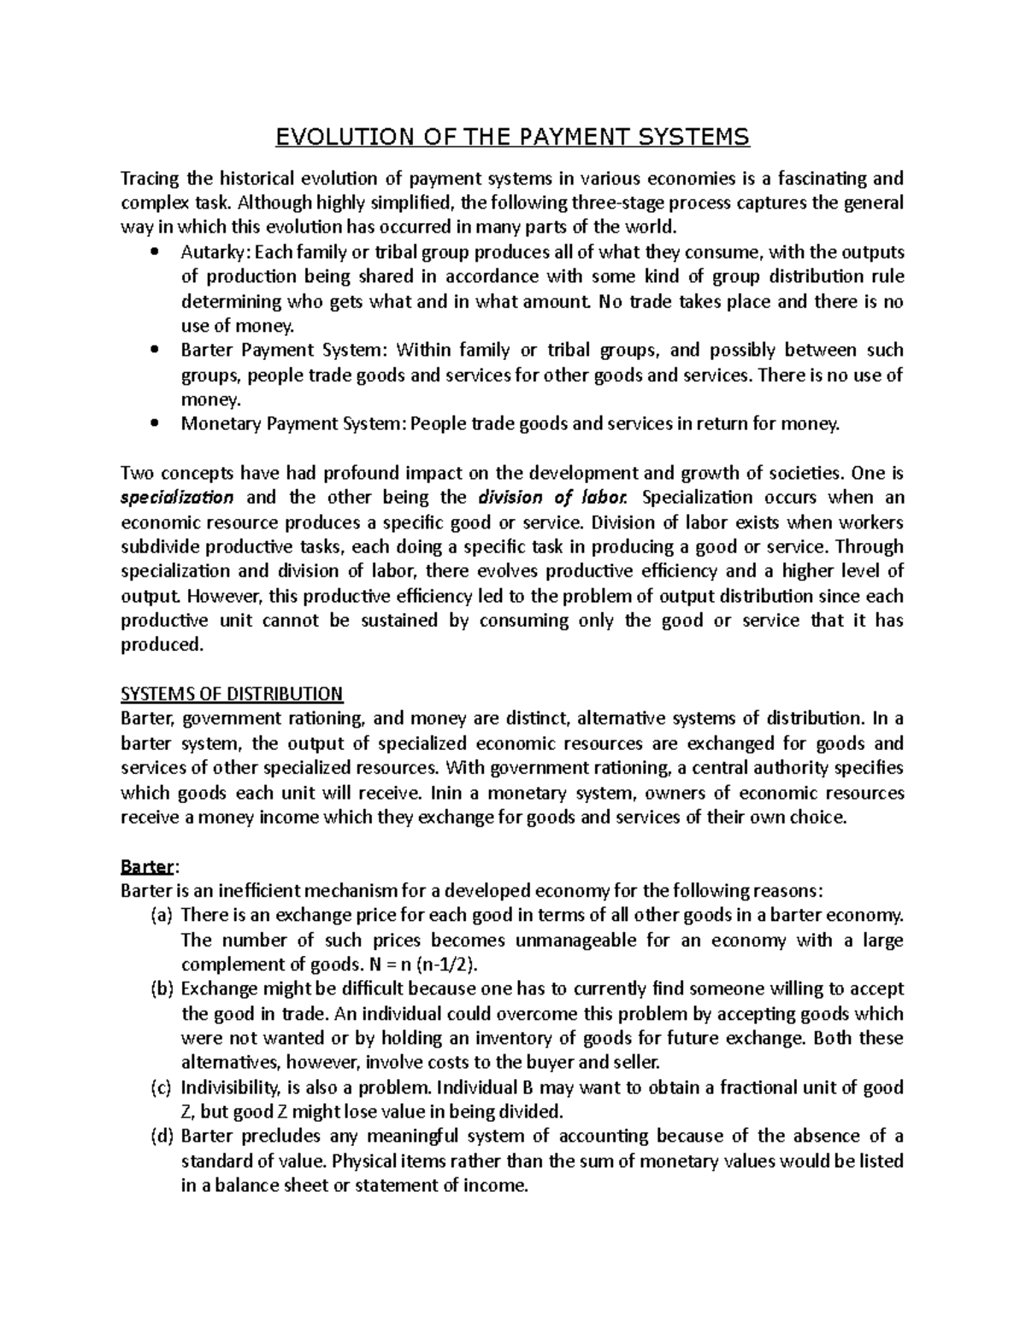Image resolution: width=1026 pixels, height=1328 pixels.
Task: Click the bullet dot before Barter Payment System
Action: (154, 351)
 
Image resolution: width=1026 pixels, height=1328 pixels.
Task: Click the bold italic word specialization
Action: (177, 498)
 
